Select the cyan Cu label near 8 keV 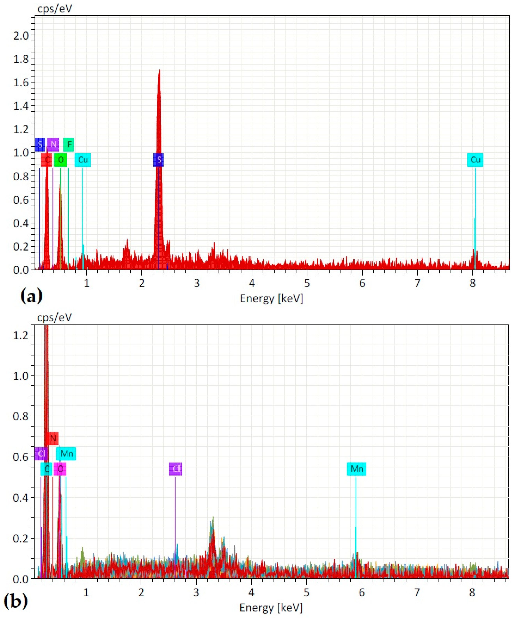[475, 160]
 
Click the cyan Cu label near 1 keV [83, 160]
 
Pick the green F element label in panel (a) [69, 145]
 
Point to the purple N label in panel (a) [53, 145]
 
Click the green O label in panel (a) [60, 160]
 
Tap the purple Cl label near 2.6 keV [175, 469]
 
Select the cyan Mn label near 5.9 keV [356, 469]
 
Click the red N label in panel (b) [53, 438]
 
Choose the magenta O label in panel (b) [60, 469]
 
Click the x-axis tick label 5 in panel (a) [307, 283]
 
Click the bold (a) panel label [31, 296]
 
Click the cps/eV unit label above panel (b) [54, 317]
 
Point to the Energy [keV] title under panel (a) [271, 298]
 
